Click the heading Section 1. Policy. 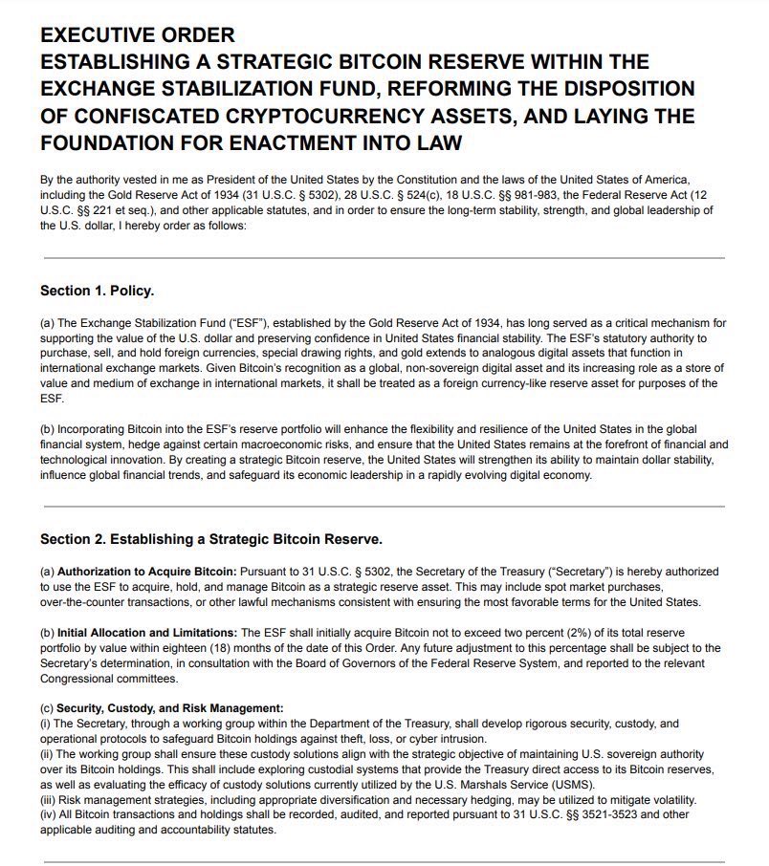click(x=97, y=290)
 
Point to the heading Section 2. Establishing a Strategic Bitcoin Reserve click(x=210, y=538)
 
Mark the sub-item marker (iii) click(x=48, y=799)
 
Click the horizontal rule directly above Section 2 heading click(x=383, y=507)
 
